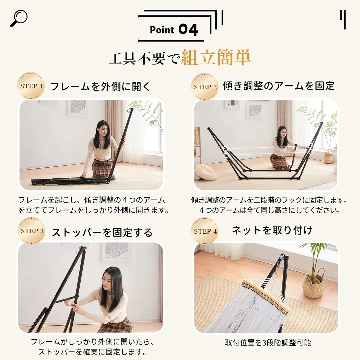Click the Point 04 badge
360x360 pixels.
click(x=173, y=30)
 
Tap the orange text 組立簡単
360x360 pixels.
click(x=216, y=58)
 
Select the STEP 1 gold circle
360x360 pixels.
click(x=31, y=86)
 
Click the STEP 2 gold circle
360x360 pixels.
click(x=205, y=87)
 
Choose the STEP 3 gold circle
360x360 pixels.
click(x=32, y=231)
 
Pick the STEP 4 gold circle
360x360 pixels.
click(x=205, y=231)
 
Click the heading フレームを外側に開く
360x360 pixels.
click(x=100, y=87)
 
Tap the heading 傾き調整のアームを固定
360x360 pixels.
click(x=279, y=86)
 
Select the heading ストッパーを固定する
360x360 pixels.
click(x=102, y=232)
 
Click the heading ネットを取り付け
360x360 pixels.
click(x=272, y=230)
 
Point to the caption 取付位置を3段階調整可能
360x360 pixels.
click(x=268, y=343)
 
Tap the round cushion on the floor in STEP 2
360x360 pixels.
click(x=206, y=172)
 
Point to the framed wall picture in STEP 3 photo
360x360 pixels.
click(x=116, y=252)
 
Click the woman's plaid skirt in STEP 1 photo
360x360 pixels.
click(x=102, y=168)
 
